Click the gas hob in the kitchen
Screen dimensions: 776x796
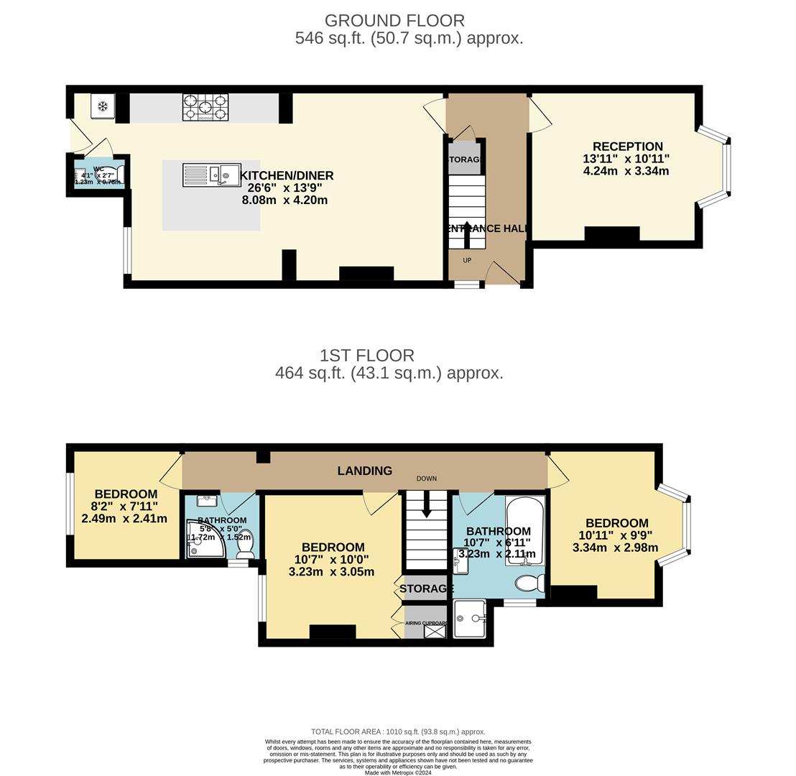tap(205, 107)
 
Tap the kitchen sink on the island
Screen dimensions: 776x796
tap(211, 175)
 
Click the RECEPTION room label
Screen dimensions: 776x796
tap(627, 147)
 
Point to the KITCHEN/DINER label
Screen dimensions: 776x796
tap(287, 175)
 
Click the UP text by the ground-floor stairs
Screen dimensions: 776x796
tap(467, 260)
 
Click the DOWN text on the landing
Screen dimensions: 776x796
tap(426, 479)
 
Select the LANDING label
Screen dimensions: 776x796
tap(365, 471)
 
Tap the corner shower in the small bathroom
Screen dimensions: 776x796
tap(204, 541)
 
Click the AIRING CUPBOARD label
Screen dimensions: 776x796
tap(427, 623)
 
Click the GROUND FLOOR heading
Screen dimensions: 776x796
tap(394, 21)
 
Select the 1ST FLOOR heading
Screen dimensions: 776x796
tap(367, 356)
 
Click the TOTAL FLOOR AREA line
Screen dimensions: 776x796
tap(398, 731)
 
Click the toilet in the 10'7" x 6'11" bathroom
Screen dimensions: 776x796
tap(531, 583)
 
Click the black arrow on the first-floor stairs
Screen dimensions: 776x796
tap(427, 504)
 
